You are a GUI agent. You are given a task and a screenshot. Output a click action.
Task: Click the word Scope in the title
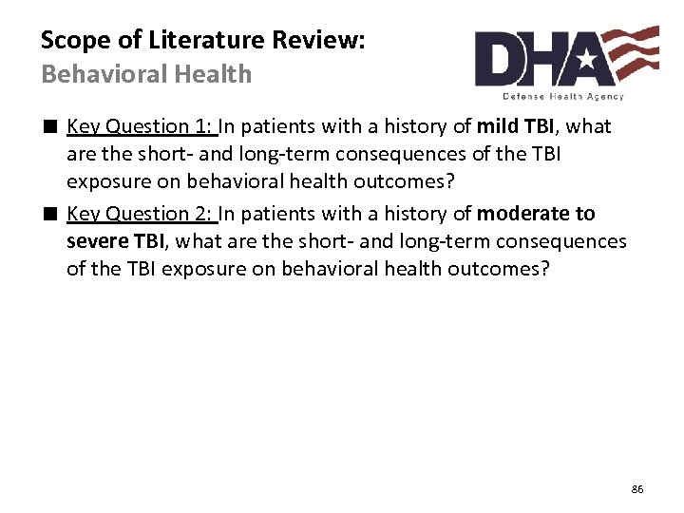click(70, 40)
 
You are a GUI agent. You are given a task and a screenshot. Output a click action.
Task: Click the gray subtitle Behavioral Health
click(146, 74)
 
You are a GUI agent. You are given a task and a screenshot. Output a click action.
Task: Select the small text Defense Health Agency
click(563, 96)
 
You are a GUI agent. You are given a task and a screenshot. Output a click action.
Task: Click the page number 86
click(636, 489)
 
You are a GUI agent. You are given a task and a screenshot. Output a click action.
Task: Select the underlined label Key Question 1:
click(142, 126)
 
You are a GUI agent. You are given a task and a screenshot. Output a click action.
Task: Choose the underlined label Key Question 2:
click(142, 214)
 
